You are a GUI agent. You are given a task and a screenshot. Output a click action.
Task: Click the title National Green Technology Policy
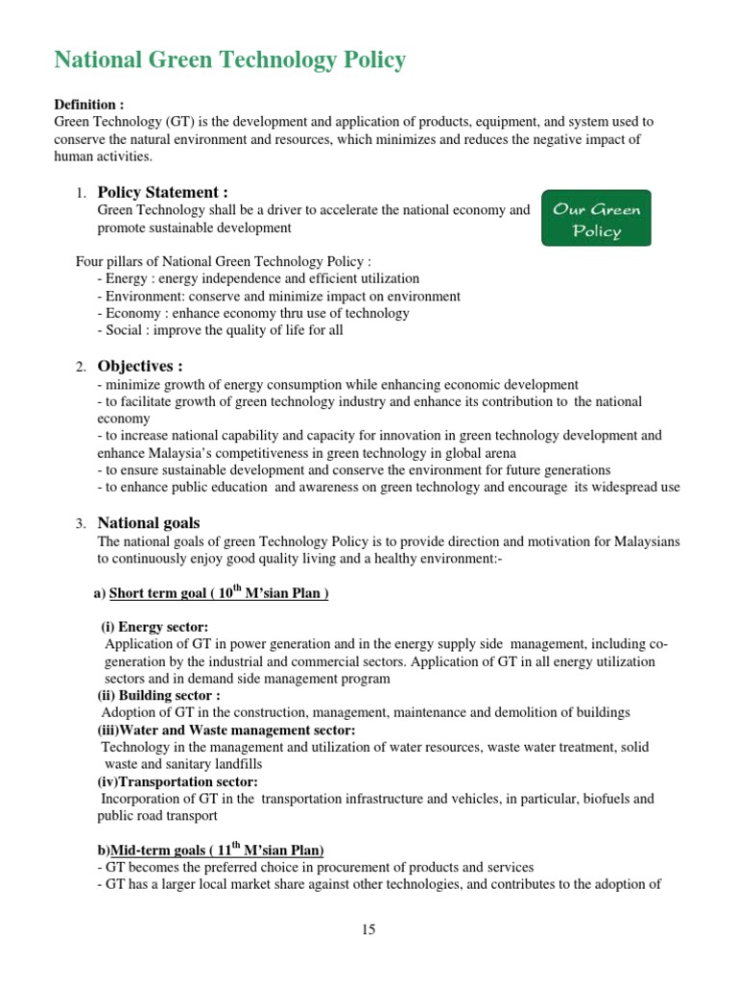click(x=229, y=60)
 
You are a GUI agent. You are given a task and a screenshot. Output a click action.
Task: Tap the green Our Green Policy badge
click(x=596, y=218)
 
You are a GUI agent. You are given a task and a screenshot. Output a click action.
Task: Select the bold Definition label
click(x=89, y=105)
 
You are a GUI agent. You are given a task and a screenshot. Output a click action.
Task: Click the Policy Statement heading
click(x=162, y=192)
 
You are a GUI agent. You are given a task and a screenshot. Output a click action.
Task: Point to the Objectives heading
click(x=139, y=366)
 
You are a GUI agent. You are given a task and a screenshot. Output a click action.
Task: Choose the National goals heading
click(x=149, y=523)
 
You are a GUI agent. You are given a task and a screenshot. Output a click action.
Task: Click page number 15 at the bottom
click(x=368, y=929)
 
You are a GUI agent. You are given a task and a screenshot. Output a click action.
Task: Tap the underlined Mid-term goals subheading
click(x=217, y=851)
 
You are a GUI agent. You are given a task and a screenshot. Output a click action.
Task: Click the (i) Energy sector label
click(x=155, y=627)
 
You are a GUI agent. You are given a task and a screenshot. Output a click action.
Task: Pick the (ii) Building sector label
click(x=158, y=695)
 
